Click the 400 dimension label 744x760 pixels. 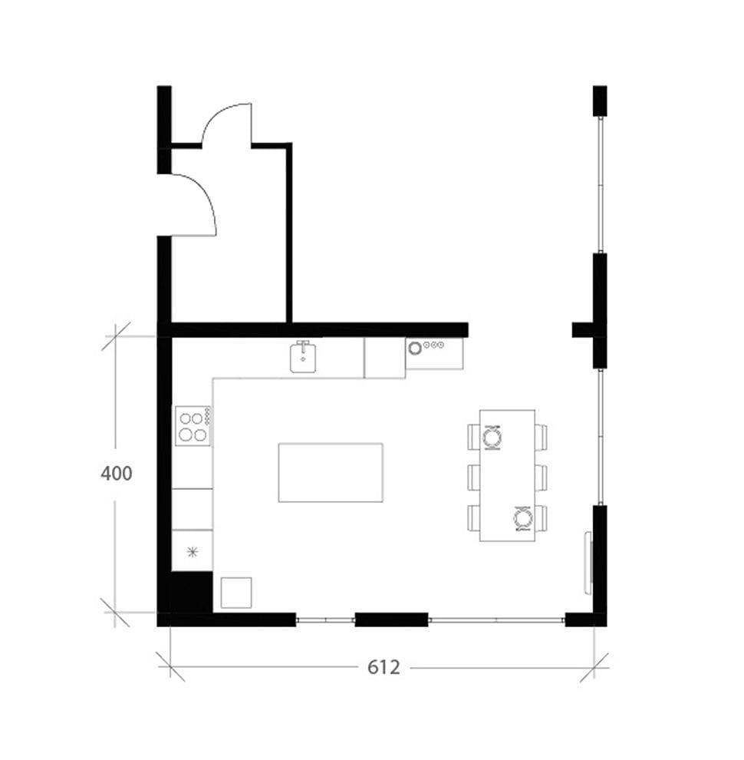tap(117, 473)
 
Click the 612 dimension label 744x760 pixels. tap(384, 667)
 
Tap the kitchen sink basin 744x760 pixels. tap(303, 357)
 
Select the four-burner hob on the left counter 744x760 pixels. tap(193, 425)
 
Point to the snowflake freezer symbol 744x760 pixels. tap(193, 552)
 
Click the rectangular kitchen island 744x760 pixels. tap(331, 473)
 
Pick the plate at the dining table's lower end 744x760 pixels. tap(523, 518)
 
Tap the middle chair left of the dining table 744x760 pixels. tap(474, 477)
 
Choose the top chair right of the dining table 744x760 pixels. tap(541, 436)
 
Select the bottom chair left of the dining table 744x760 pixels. tap(474, 517)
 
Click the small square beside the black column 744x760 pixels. tap(236, 593)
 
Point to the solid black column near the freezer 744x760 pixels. tap(192, 592)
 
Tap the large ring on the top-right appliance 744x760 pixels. tap(415, 348)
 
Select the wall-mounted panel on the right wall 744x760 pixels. tap(589, 563)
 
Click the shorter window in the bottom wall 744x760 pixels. tap(325, 620)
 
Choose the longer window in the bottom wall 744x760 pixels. tap(497, 620)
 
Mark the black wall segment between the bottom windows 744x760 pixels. tap(391, 620)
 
